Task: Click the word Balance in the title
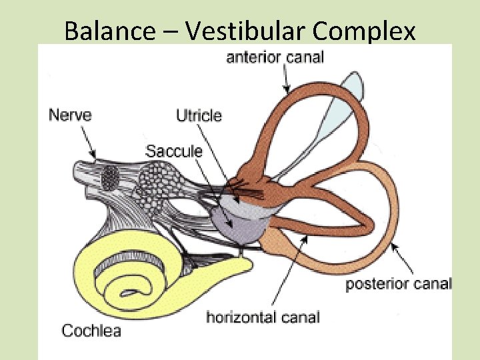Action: click(x=109, y=31)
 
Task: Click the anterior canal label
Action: click(x=275, y=57)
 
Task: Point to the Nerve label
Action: click(x=70, y=115)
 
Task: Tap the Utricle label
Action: click(x=199, y=116)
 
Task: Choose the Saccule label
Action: click(x=174, y=151)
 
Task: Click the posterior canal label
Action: click(x=399, y=284)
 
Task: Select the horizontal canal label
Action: click(x=263, y=317)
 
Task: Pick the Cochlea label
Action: click(x=91, y=330)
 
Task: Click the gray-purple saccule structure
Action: click(x=238, y=223)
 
